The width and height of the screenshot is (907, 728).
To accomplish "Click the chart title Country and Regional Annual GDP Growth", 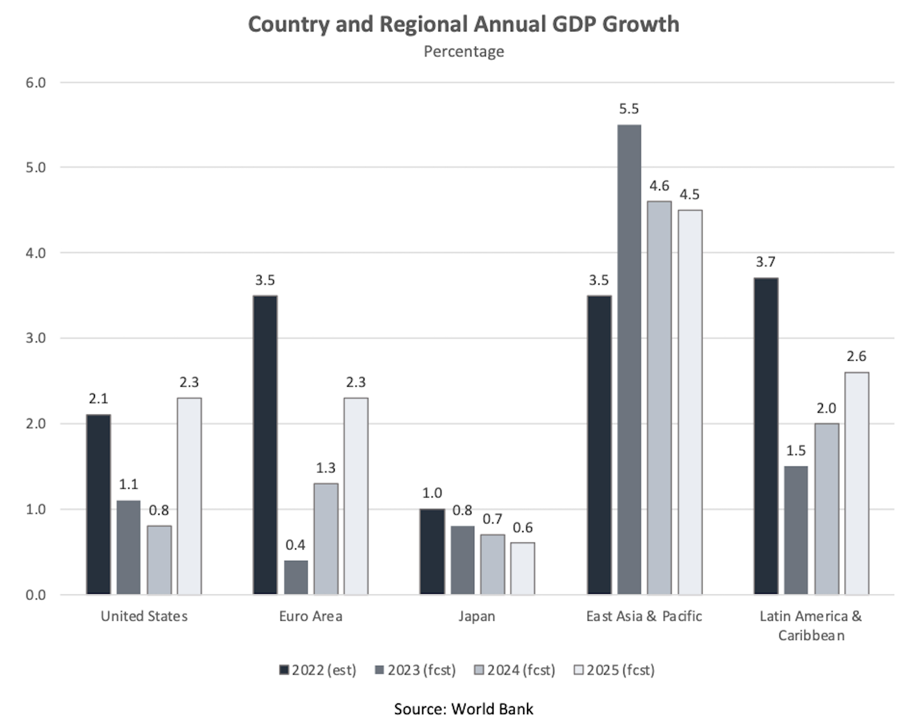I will coord(463,25).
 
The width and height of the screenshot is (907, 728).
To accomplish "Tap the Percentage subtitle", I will coord(464,52).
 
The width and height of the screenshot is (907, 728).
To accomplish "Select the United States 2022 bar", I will coord(98,504).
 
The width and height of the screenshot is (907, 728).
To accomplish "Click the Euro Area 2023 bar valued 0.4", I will coord(295,577).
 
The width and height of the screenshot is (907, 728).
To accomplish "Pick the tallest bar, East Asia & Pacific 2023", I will coord(629,359).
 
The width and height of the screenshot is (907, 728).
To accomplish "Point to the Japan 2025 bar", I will coord(523,568).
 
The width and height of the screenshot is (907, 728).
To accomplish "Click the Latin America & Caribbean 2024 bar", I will coord(826,509).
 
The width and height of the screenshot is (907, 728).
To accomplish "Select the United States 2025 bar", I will coord(189,496).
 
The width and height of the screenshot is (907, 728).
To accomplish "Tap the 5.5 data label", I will coord(629,109).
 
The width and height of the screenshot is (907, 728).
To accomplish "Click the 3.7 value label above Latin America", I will coord(765,262).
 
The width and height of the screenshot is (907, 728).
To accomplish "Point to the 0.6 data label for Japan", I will coord(523,527).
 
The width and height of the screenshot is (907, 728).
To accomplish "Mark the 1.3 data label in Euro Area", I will coord(325,468).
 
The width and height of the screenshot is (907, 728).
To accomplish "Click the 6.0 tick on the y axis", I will coord(35,83).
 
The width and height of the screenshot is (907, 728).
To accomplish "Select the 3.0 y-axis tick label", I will coord(35,338).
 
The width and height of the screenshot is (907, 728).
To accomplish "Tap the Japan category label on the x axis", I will coord(477,616).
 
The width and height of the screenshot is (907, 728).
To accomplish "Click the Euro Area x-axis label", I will coord(311,616).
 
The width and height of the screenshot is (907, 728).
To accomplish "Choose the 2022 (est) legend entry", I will coord(318,670).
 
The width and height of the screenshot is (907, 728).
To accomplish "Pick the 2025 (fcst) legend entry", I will coord(614,670).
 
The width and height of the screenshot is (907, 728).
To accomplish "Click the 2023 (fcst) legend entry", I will coord(415,670).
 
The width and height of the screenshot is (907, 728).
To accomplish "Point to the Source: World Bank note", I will coord(464,709).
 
